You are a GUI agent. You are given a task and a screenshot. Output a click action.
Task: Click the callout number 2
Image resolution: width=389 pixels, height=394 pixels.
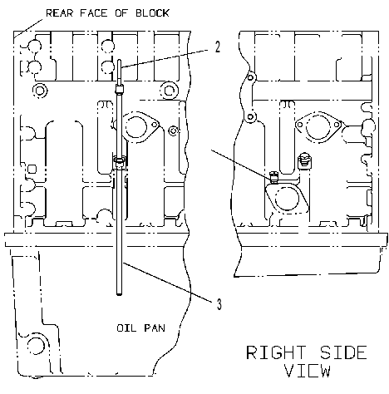click(x=218, y=47)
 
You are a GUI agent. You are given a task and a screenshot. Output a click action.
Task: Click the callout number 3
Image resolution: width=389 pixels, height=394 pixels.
click(x=219, y=304)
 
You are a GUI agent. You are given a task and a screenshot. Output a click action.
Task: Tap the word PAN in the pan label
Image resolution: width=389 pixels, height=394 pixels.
click(x=155, y=328)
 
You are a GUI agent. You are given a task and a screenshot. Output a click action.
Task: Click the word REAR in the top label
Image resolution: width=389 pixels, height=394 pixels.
click(x=60, y=13)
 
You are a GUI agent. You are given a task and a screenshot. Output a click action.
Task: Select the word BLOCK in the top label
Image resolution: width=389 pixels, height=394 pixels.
click(x=152, y=13)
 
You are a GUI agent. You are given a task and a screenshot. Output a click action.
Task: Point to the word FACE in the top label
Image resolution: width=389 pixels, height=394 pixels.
click(x=94, y=13)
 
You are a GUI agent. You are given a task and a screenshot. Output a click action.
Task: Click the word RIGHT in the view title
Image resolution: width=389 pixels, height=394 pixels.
click(x=276, y=352)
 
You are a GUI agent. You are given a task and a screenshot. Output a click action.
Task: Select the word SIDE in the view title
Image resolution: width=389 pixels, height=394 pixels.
click(x=343, y=352)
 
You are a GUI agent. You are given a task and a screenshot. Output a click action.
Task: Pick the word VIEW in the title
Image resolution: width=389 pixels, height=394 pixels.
click(x=308, y=371)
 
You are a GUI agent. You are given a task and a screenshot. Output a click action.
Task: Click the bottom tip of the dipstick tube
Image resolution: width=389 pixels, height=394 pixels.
click(x=120, y=295)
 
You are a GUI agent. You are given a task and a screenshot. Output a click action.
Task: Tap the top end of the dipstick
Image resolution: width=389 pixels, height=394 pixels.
click(x=120, y=60)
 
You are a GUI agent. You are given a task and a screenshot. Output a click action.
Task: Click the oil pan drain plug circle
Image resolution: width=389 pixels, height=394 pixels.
click(x=36, y=347)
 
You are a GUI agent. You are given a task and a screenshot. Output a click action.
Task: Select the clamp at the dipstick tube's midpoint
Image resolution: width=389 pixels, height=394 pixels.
click(x=120, y=161)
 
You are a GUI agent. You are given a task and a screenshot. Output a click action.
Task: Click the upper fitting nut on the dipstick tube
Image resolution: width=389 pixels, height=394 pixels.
click(x=120, y=89)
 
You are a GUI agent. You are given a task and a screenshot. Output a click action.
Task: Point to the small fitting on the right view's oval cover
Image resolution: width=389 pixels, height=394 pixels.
click(x=273, y=177)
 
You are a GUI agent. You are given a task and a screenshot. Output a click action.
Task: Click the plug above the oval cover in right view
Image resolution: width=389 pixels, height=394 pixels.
click(x=304, y=160)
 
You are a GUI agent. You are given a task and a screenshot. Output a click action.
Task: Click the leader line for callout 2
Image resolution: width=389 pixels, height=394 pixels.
click(x=165, y=58)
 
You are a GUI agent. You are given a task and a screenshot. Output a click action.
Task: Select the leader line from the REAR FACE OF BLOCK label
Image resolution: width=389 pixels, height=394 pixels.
click(x=29, y=27)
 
